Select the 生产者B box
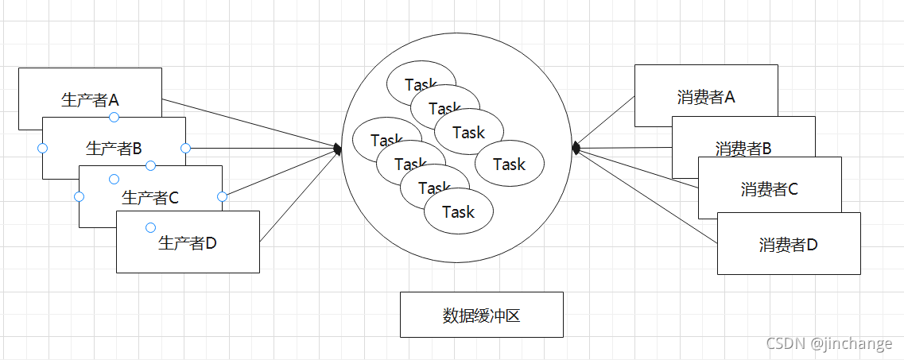(x=114, y=147)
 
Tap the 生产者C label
(x=150, y=197)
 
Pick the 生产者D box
(x=188, y=242)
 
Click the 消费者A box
(x=706, y=95)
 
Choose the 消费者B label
(x=743, y=148)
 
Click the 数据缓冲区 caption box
(x=481, y=315)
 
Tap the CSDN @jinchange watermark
(x=828, y=343)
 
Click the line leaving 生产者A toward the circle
(x=246, y=122)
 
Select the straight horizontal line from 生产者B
(x=262, y=148)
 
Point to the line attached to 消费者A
(x=604, y=122)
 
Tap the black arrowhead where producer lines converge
(x=338, y=149)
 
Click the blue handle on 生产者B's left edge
(x=42, y=148)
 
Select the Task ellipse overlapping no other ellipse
(x=510, y=164)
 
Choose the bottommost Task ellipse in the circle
(x=459, y=212)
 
